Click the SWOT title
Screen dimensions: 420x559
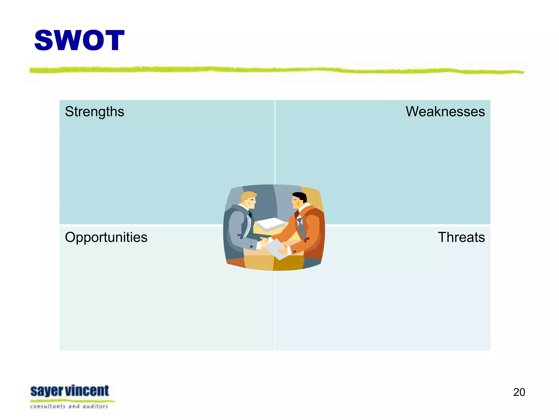pos(79,40)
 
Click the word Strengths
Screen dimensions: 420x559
pos(94,112)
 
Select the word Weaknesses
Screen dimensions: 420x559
pos(445,112)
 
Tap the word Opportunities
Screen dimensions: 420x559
pos(106,237)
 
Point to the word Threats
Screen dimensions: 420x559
pos(461,237)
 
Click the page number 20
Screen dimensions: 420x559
pos(519,392)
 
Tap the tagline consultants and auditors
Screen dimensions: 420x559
pos(69,407)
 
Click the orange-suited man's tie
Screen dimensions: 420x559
pos(300,223)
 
